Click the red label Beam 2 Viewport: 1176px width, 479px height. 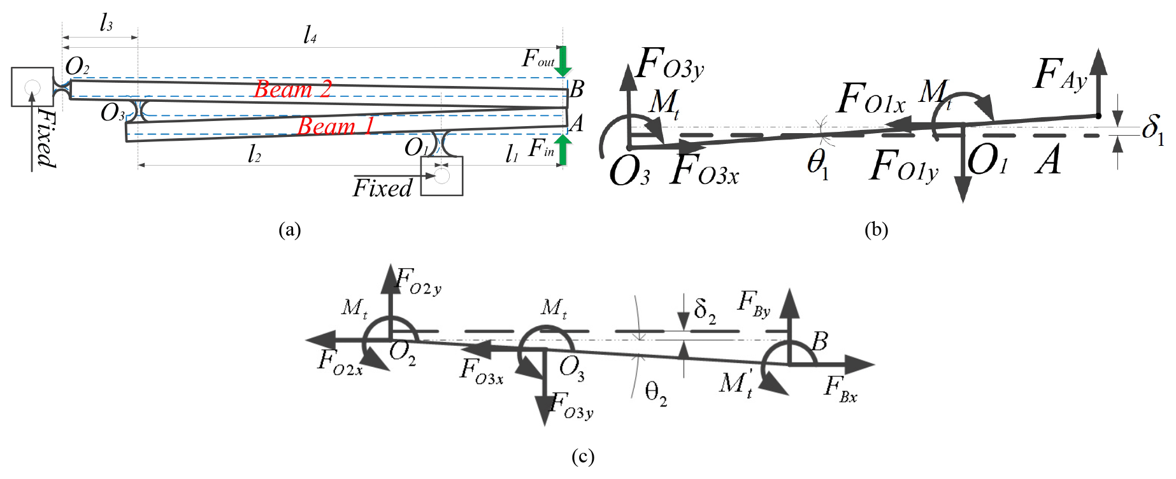point(292,89)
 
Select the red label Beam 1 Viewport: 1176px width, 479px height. point(335,126)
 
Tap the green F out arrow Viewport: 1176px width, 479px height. point(563,61)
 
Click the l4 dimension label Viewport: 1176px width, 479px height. point(310,34)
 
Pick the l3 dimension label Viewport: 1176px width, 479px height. point(106,24)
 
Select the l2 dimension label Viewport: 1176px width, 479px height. point(254,154)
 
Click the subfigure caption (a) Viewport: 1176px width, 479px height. point(290,229)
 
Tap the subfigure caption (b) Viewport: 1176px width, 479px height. point(876,229)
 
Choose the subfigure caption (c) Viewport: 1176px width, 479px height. point(583,457)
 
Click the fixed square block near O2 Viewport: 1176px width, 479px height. point(32,87)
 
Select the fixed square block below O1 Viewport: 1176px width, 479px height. point(441,176)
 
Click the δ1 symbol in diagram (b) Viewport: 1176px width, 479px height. point(1152,130)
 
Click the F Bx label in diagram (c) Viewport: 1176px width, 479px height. point(841,389)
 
